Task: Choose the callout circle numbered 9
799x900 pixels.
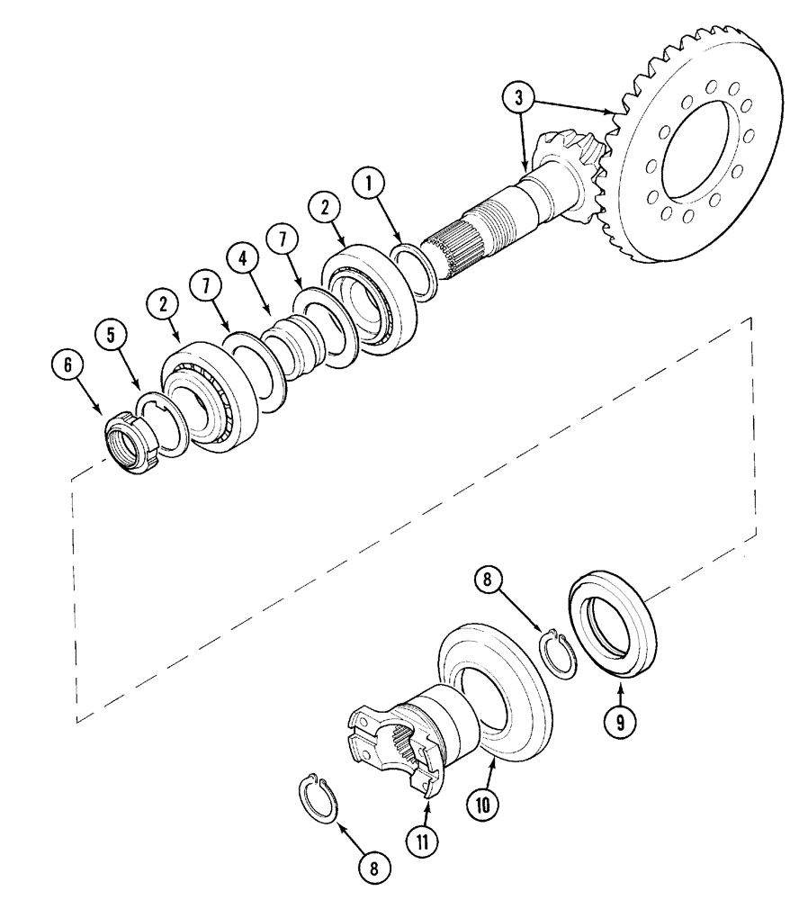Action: (x=621, y=720)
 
